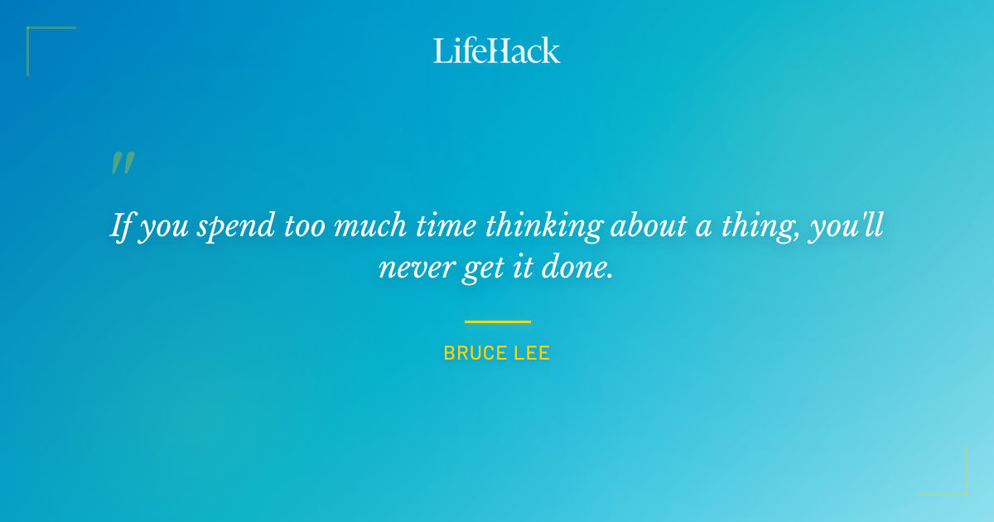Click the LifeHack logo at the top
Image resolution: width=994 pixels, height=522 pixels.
point(497,51)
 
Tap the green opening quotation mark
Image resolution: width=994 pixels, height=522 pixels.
point(123,163)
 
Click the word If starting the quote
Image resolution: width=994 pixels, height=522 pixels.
point(121,225)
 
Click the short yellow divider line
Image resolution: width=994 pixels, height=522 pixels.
point(497,321)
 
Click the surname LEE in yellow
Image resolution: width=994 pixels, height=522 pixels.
point(532,354)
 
